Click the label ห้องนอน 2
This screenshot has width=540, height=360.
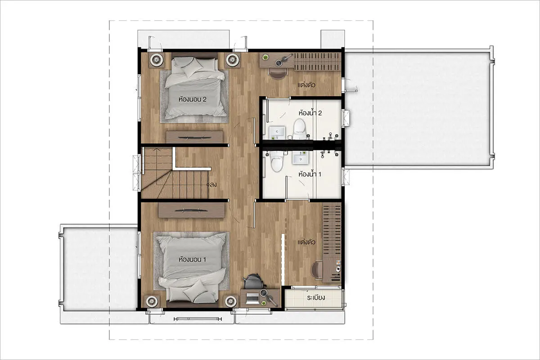(193, 99)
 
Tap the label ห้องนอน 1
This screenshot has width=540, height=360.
(192, 260)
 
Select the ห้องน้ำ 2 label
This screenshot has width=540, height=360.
(310, 112)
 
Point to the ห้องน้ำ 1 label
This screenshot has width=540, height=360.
(310, 174)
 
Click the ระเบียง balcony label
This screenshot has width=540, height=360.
(316, 297)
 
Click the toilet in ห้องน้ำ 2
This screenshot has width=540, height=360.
(300, 129)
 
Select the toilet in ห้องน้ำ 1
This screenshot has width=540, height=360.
(276, 161)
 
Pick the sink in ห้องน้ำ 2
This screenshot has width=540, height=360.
(277, 132)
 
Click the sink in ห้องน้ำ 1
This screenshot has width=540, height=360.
(301, 157)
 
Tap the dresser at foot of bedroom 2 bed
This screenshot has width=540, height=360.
(194, 137)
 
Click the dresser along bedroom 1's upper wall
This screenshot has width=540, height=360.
(191, 210)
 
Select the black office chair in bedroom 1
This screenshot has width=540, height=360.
(254, 282)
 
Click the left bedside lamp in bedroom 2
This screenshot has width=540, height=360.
(157, 59)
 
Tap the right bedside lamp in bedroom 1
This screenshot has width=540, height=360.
(230, 301)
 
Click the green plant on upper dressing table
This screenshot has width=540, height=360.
(265, 58)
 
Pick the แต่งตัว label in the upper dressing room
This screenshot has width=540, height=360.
(306, 85)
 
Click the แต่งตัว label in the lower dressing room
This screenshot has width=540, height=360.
(306, 242)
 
